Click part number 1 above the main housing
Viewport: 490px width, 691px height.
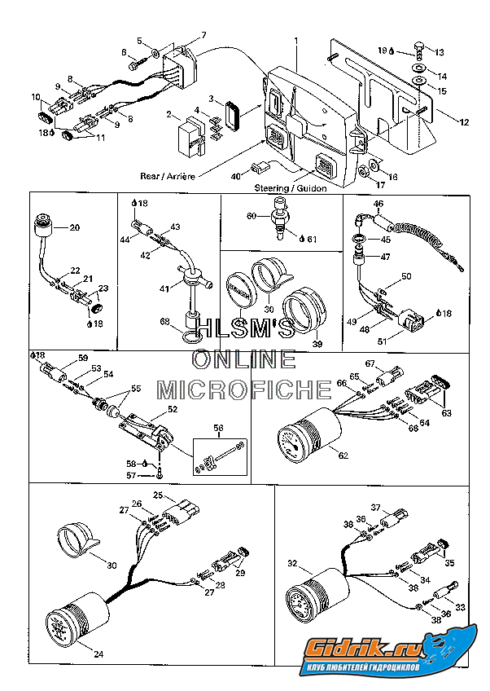296,41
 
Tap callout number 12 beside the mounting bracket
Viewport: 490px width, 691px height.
465,122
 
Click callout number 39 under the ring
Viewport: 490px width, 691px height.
317,344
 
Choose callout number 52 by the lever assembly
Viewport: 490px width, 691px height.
172,409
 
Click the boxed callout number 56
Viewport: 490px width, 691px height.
217,427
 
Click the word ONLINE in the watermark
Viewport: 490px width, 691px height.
244,359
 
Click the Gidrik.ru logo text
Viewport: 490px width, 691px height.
357,650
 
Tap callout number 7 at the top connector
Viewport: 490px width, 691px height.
203,34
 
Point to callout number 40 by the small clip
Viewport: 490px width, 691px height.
235,175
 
